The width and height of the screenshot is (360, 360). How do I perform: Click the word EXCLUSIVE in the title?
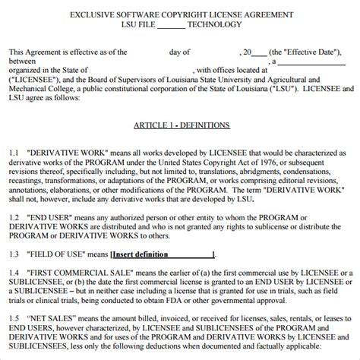96,13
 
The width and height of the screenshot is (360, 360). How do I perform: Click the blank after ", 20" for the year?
258,52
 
